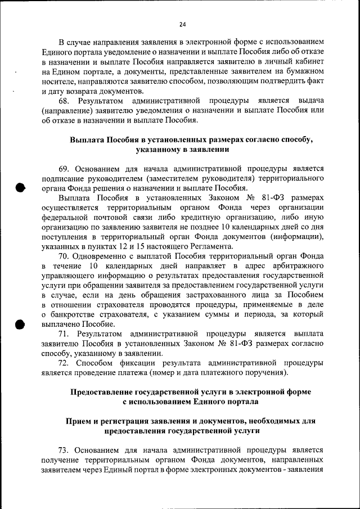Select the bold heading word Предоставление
click(x=103, y=391)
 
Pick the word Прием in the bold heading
click(x=79, y=421)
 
